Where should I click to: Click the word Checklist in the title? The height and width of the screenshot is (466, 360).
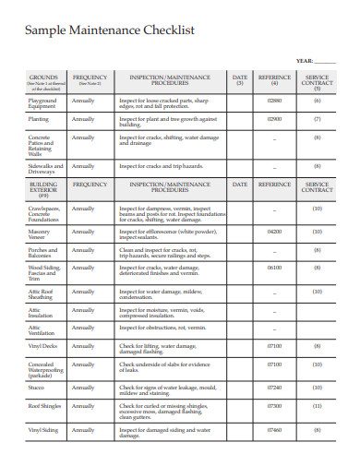click(168, 30)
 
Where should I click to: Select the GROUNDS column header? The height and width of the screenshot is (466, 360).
click(43, 78)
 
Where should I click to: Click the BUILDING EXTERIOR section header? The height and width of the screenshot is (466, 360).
click(43, 190)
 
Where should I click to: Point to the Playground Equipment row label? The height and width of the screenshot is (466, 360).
click(42, 102)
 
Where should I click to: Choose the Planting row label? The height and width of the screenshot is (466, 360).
click(39, 119)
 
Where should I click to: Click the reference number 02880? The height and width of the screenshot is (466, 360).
click(274, 100)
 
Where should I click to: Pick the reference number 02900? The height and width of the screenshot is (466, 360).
click(274, 119)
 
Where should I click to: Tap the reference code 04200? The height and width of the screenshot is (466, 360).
click(274, 232)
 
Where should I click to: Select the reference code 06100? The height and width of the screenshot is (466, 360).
click(274, 268)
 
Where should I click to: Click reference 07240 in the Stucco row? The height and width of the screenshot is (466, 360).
click(274, 388)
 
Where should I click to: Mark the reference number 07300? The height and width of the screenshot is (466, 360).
click(274, 405)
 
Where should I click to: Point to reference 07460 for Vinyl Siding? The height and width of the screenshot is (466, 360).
click(274, 429)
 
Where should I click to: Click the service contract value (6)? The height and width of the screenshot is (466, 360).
click(318, 100)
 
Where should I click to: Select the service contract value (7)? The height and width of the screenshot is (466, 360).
click(318, 119)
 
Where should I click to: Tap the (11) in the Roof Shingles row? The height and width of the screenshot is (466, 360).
click(318, 405)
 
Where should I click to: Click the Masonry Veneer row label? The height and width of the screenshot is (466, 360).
click(39, 234)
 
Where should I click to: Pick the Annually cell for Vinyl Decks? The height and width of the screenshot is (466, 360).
click(83, 345)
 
